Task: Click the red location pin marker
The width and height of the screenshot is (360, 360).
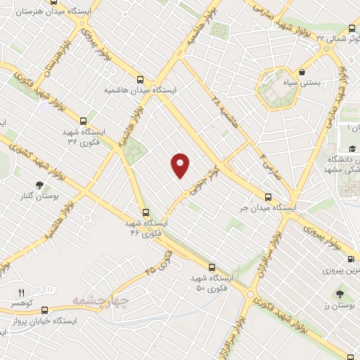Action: coord(181,165)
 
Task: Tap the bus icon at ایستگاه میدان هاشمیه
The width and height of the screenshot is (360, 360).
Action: coord(141,79)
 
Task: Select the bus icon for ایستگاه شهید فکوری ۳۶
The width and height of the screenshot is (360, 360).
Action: coord(84,120)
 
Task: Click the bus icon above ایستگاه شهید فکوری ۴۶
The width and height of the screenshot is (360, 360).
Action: coord(146,212)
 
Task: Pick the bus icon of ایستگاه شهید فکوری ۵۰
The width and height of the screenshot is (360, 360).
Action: coord(212,267)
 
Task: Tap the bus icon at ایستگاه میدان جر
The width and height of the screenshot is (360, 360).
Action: coord(267,198)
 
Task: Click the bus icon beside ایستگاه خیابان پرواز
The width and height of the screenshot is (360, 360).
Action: coord(45,309)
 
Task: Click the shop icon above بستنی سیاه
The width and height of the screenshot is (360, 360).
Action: coord(302,71)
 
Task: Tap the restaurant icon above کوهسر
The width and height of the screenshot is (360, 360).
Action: coord(21,292)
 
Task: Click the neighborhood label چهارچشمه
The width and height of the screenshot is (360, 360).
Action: coord(100,301)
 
